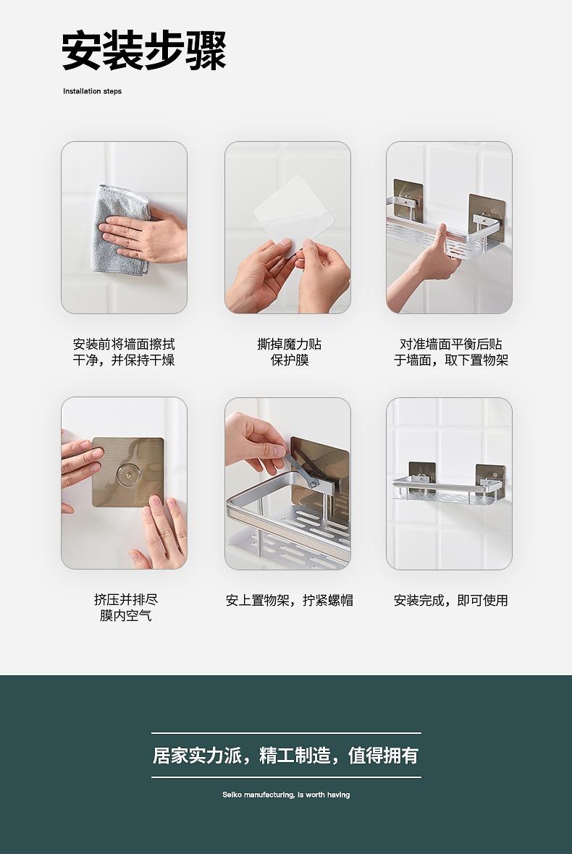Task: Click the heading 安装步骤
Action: (144, 51)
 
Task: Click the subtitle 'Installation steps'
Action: (92, 91)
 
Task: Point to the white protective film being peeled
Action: (293, 211)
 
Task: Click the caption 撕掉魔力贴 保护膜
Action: (290, 352)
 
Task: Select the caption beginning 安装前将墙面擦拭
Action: (124, 352)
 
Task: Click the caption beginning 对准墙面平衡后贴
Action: (450, 352)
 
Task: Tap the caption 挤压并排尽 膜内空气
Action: (126, 607)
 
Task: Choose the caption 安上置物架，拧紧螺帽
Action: (290, 600)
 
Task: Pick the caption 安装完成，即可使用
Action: (450, 600)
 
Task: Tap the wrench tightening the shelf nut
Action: (301, 470)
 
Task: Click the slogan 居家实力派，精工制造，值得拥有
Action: (285, 756)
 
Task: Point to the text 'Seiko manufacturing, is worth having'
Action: (286, 795)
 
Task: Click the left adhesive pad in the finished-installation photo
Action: (421, 475)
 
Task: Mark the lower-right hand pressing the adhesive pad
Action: (161, 531)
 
